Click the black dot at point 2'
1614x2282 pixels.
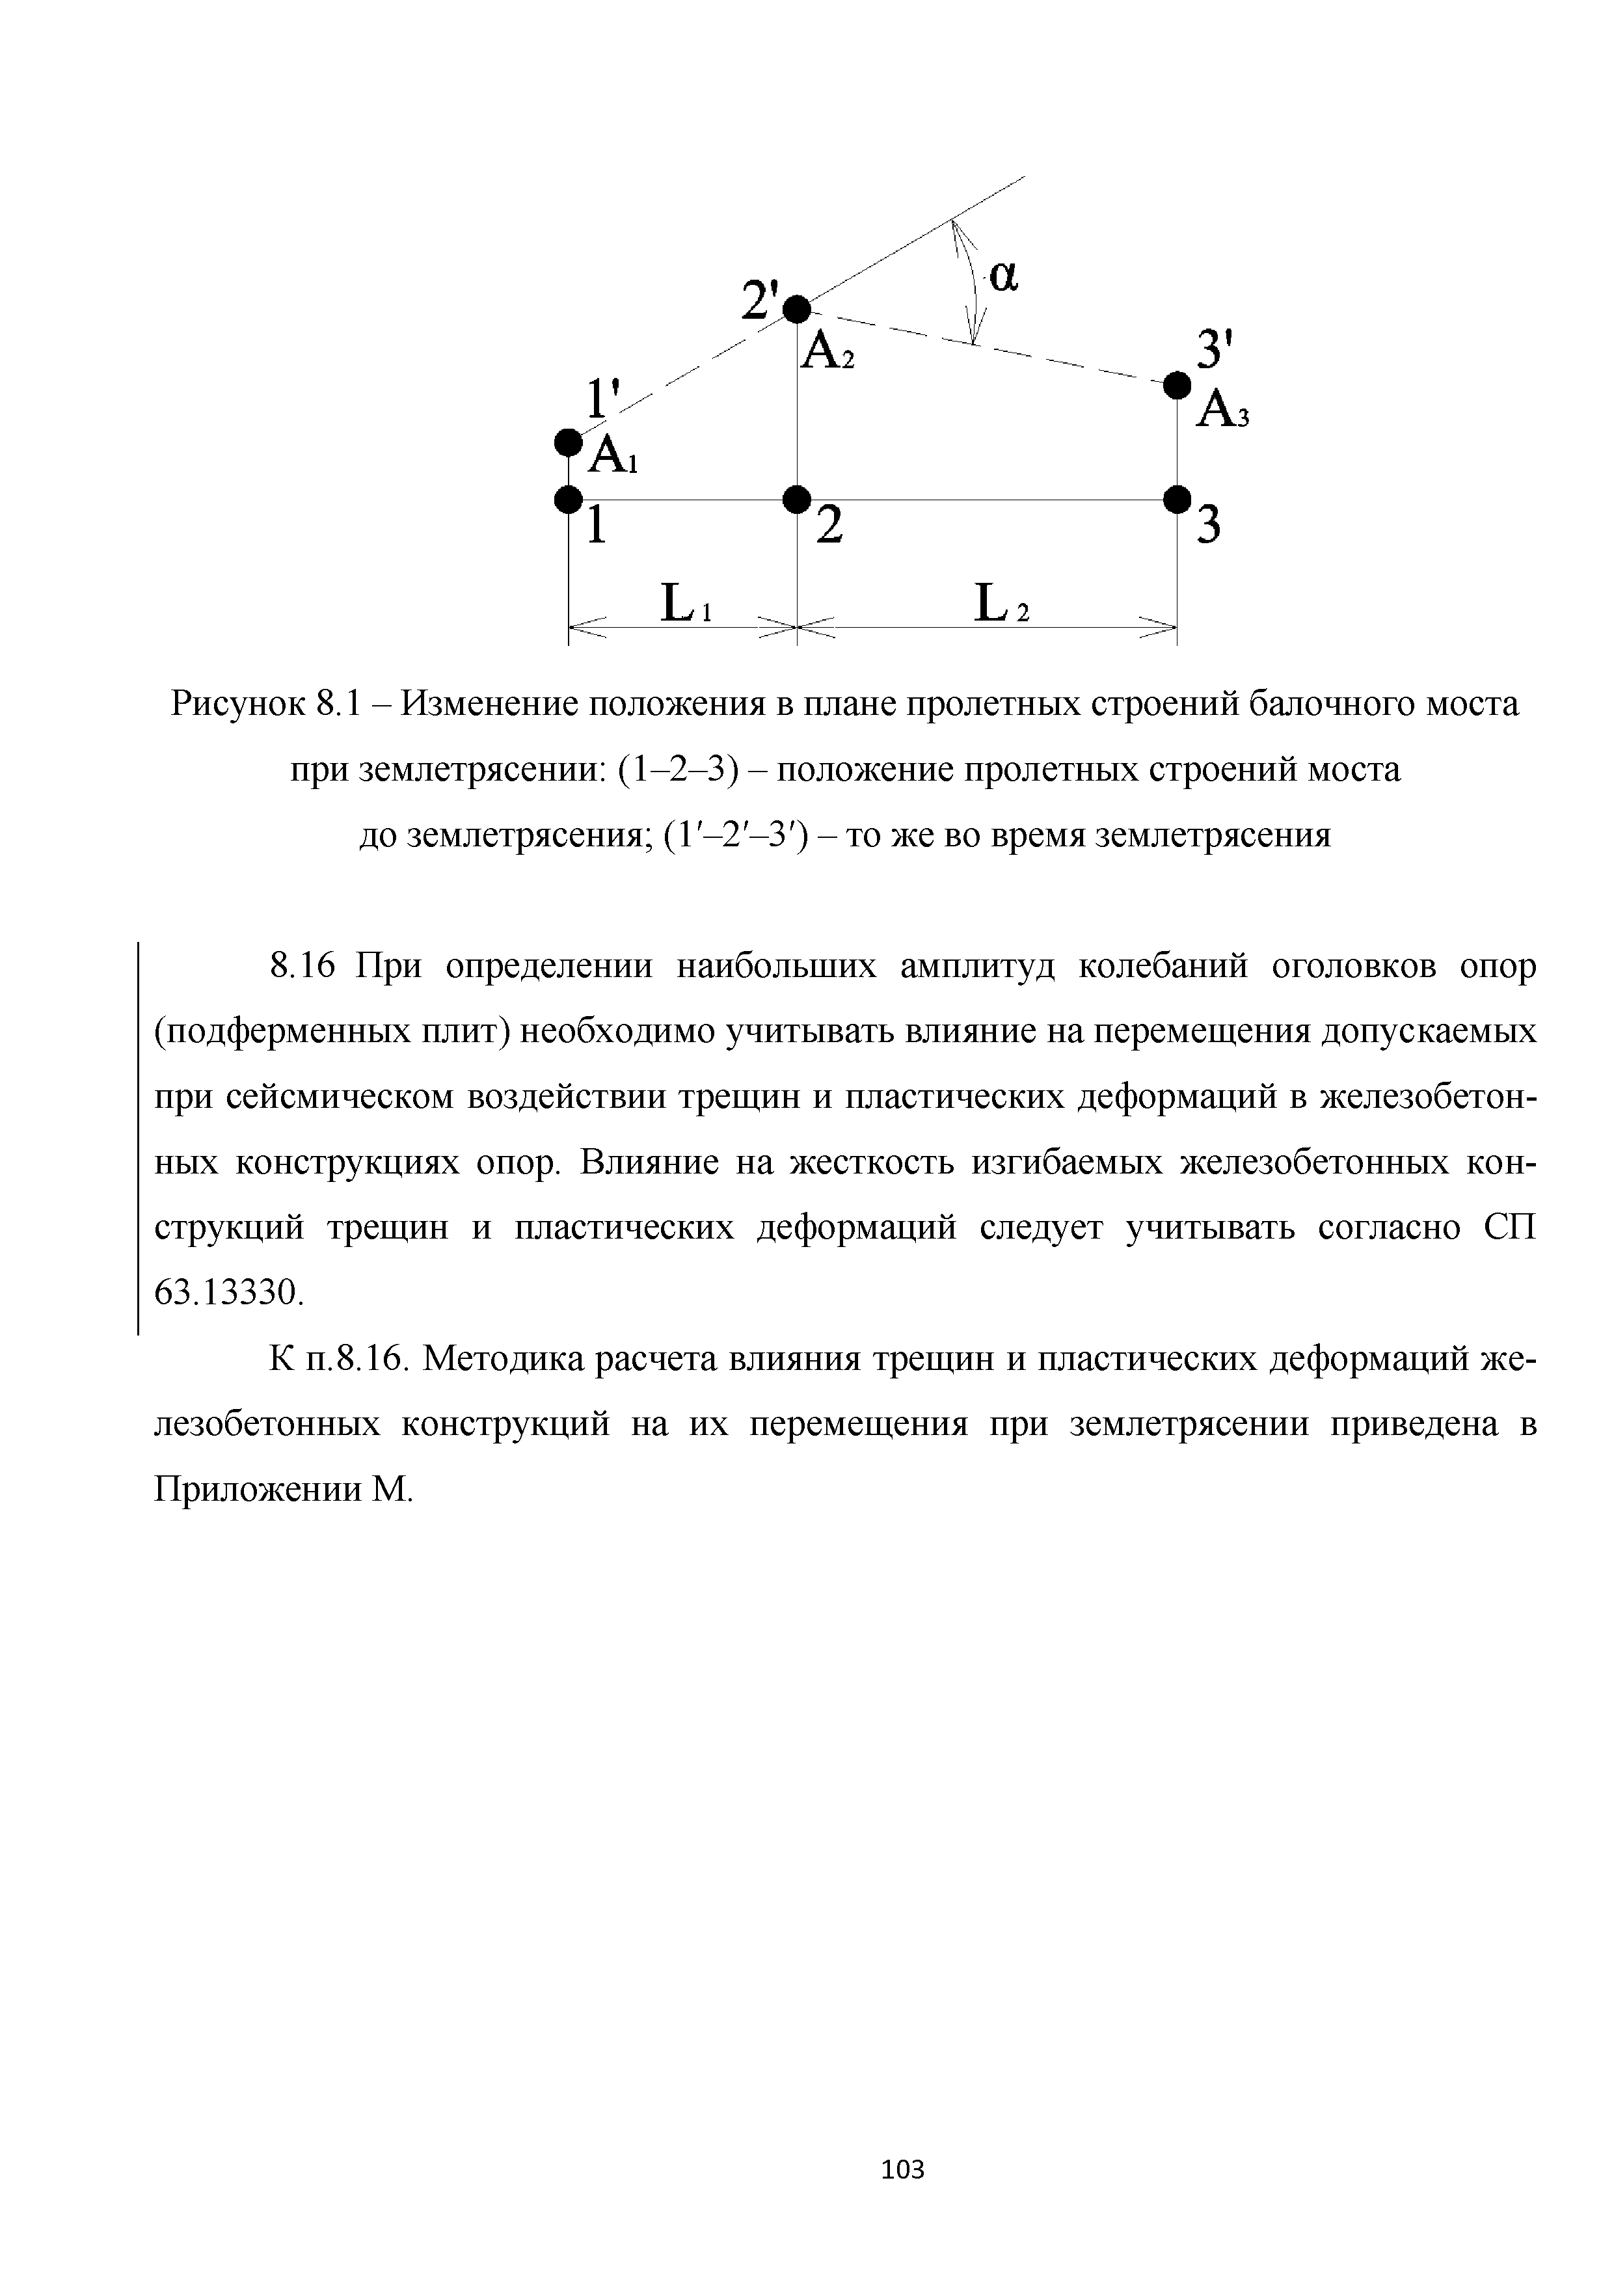click(x=796, y=309)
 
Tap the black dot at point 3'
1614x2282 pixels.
click(x=1177, y=384)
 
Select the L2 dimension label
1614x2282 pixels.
click(x=1002, y=603)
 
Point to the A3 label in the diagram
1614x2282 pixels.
click(x=1222, y=409)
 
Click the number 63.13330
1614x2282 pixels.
click(x=228, y=1293)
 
